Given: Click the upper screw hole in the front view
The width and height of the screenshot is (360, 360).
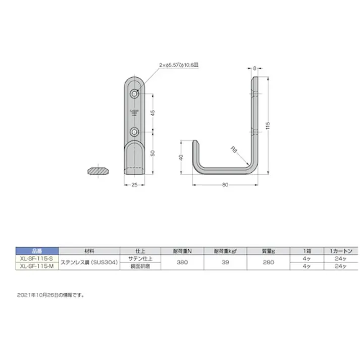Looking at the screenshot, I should click(135, 94).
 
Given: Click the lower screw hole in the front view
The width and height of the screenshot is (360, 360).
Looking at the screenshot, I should click(135, 132).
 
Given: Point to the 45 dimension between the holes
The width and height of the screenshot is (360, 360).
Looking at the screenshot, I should click(153, 113).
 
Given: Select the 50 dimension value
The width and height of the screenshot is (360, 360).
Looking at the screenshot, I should click(153, 153).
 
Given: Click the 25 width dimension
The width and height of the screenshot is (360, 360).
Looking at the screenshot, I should click(134, 185).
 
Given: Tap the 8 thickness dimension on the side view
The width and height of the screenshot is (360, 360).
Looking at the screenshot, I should click(255, 67).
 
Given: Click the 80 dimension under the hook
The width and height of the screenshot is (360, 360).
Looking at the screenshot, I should click(225, 185).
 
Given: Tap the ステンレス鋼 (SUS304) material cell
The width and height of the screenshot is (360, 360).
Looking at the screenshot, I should click(89, 262).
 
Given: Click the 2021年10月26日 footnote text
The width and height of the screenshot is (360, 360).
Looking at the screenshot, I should click(50, 294).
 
